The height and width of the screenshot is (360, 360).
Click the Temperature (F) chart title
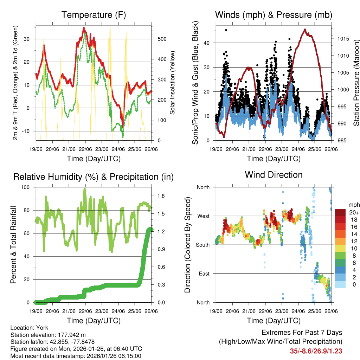93,15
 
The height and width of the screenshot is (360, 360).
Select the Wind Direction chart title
274,175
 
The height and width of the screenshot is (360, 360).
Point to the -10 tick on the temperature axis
27,131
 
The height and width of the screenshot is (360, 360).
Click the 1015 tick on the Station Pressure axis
342,39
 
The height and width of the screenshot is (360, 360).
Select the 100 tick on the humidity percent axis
26,187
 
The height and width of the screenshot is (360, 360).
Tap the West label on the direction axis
203,216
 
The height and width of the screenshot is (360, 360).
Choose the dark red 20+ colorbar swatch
340,213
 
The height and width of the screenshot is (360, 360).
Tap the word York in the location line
45,328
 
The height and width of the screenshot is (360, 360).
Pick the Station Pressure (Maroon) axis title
356,82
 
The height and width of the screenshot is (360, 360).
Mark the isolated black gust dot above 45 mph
226,30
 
